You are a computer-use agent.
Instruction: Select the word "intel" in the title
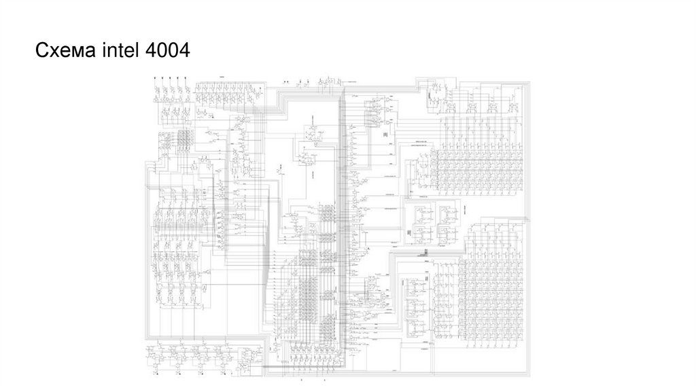pyautogui.click(x=120, y=50)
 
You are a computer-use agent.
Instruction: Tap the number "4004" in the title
pyautogui.click(x=167, y=50)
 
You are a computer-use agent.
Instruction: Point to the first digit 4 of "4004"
pyautogui.click(x=150, y=50)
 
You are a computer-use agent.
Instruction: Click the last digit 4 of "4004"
pyautogui.click(x=184, y=50)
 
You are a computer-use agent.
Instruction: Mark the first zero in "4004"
pyautogui.click(x=161, y=50)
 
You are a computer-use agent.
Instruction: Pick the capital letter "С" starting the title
pyautogui.click(x=41, y=50)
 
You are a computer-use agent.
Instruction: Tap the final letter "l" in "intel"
pyautogui.click(x=137, y=50)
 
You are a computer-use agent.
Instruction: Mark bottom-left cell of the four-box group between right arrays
pyautogui.click(x=420, y=235)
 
